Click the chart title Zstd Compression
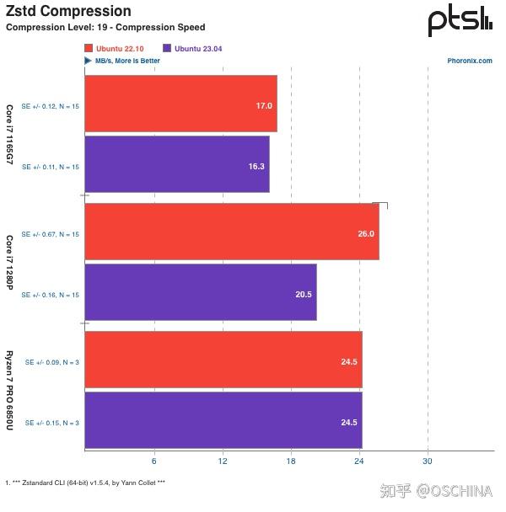click(x=68, y=12)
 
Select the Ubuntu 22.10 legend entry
click(x=120, y=48)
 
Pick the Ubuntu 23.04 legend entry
click(x=200, y=48)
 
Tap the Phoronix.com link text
click(x=470, y=61)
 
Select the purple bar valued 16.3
click(x=176, y=166)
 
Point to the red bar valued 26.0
click(x=231, y=233)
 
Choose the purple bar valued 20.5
click(x=200, y=293)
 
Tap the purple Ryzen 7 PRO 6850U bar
click(x=223, y=421)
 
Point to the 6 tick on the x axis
click(x=153, y=461)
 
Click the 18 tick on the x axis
click(x=291, y=461)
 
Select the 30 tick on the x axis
click(x=428, y=461)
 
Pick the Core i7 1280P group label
click(x=10, y=263)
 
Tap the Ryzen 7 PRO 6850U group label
click(x=10, y=392)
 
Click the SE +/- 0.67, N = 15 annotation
click(x=50, y=234)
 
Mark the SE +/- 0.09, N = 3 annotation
click(x=51, y=362)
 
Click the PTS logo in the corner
click(x=459, y=21)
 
